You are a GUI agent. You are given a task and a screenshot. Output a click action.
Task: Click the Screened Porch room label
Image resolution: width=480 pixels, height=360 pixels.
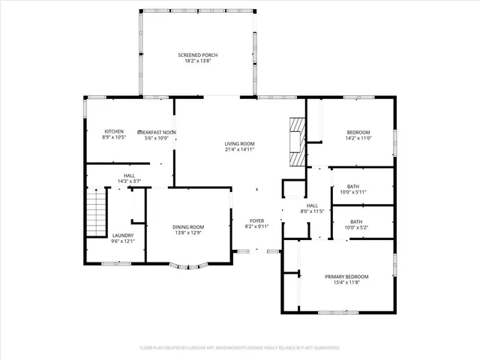(198, 55)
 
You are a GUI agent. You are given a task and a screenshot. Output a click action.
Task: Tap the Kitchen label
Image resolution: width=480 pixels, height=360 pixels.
(114, 131)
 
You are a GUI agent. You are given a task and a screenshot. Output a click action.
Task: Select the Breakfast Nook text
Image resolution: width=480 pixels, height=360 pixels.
(156, 132)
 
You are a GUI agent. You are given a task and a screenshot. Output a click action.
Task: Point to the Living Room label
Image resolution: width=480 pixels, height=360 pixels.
(240, 143)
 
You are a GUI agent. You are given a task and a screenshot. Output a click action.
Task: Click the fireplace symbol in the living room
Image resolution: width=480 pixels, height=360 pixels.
(298, 140)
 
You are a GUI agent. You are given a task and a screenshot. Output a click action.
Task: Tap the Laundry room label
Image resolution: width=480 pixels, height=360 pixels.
(123, 235)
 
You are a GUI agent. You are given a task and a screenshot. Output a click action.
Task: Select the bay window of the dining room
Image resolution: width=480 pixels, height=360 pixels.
(187, 264)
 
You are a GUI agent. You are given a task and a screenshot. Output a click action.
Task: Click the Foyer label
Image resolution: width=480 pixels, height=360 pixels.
(256, 220)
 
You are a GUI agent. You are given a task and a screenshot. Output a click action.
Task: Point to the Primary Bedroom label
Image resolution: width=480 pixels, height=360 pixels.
(346, 276)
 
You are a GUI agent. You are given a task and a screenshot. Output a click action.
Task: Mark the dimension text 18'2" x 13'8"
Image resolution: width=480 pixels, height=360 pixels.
(198, 61)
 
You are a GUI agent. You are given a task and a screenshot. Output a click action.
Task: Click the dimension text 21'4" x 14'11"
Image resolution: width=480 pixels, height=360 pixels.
(240, 149)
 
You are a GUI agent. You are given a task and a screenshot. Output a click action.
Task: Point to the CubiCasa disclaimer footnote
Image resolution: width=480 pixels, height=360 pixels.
(240, 348)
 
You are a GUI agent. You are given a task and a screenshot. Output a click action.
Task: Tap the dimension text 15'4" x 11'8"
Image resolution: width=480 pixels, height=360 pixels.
(346, 282)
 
